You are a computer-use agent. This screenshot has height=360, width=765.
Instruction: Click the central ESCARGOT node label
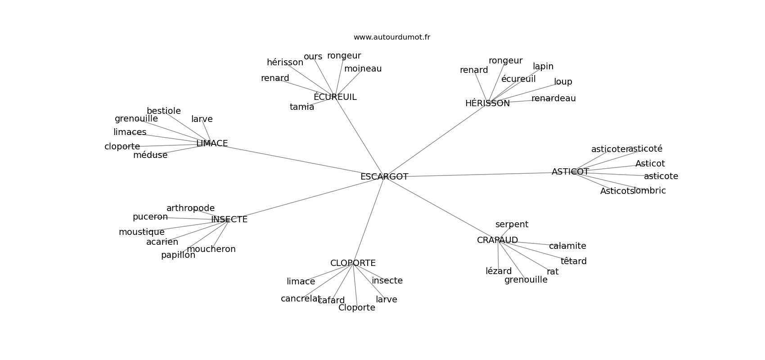pos(384,177)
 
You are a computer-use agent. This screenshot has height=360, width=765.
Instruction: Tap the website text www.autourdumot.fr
pos(391,37)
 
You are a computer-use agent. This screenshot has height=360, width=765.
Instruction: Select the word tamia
pos(302,107)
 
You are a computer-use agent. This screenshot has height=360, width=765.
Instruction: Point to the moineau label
pos(363,69)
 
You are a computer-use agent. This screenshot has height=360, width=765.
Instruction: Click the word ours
pos(313,57)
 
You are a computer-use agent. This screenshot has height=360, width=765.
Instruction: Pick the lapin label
pos(543,67)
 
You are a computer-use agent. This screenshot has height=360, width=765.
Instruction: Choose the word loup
pos(563,82)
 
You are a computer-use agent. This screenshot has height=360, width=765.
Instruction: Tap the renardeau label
pos(553,99)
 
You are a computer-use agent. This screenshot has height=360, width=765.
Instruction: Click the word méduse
pos(150,155)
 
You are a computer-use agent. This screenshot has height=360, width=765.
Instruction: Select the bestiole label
pos(164,111)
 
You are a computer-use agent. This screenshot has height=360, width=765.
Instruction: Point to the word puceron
pos(150,217)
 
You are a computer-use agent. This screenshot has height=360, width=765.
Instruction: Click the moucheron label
pos(211,249)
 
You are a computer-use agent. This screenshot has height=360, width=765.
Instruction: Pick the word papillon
pos(178,255)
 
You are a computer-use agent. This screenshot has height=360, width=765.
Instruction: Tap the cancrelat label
pos(300,299)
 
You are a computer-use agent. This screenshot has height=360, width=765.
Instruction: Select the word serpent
pos(512,225)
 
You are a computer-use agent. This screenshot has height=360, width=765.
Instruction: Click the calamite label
pos(567,246)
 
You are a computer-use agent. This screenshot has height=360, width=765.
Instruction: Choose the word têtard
pos(573,261)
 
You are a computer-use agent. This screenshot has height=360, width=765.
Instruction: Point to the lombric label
pos(650,191)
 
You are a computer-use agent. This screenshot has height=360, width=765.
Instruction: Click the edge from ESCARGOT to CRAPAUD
pos(441,208)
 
